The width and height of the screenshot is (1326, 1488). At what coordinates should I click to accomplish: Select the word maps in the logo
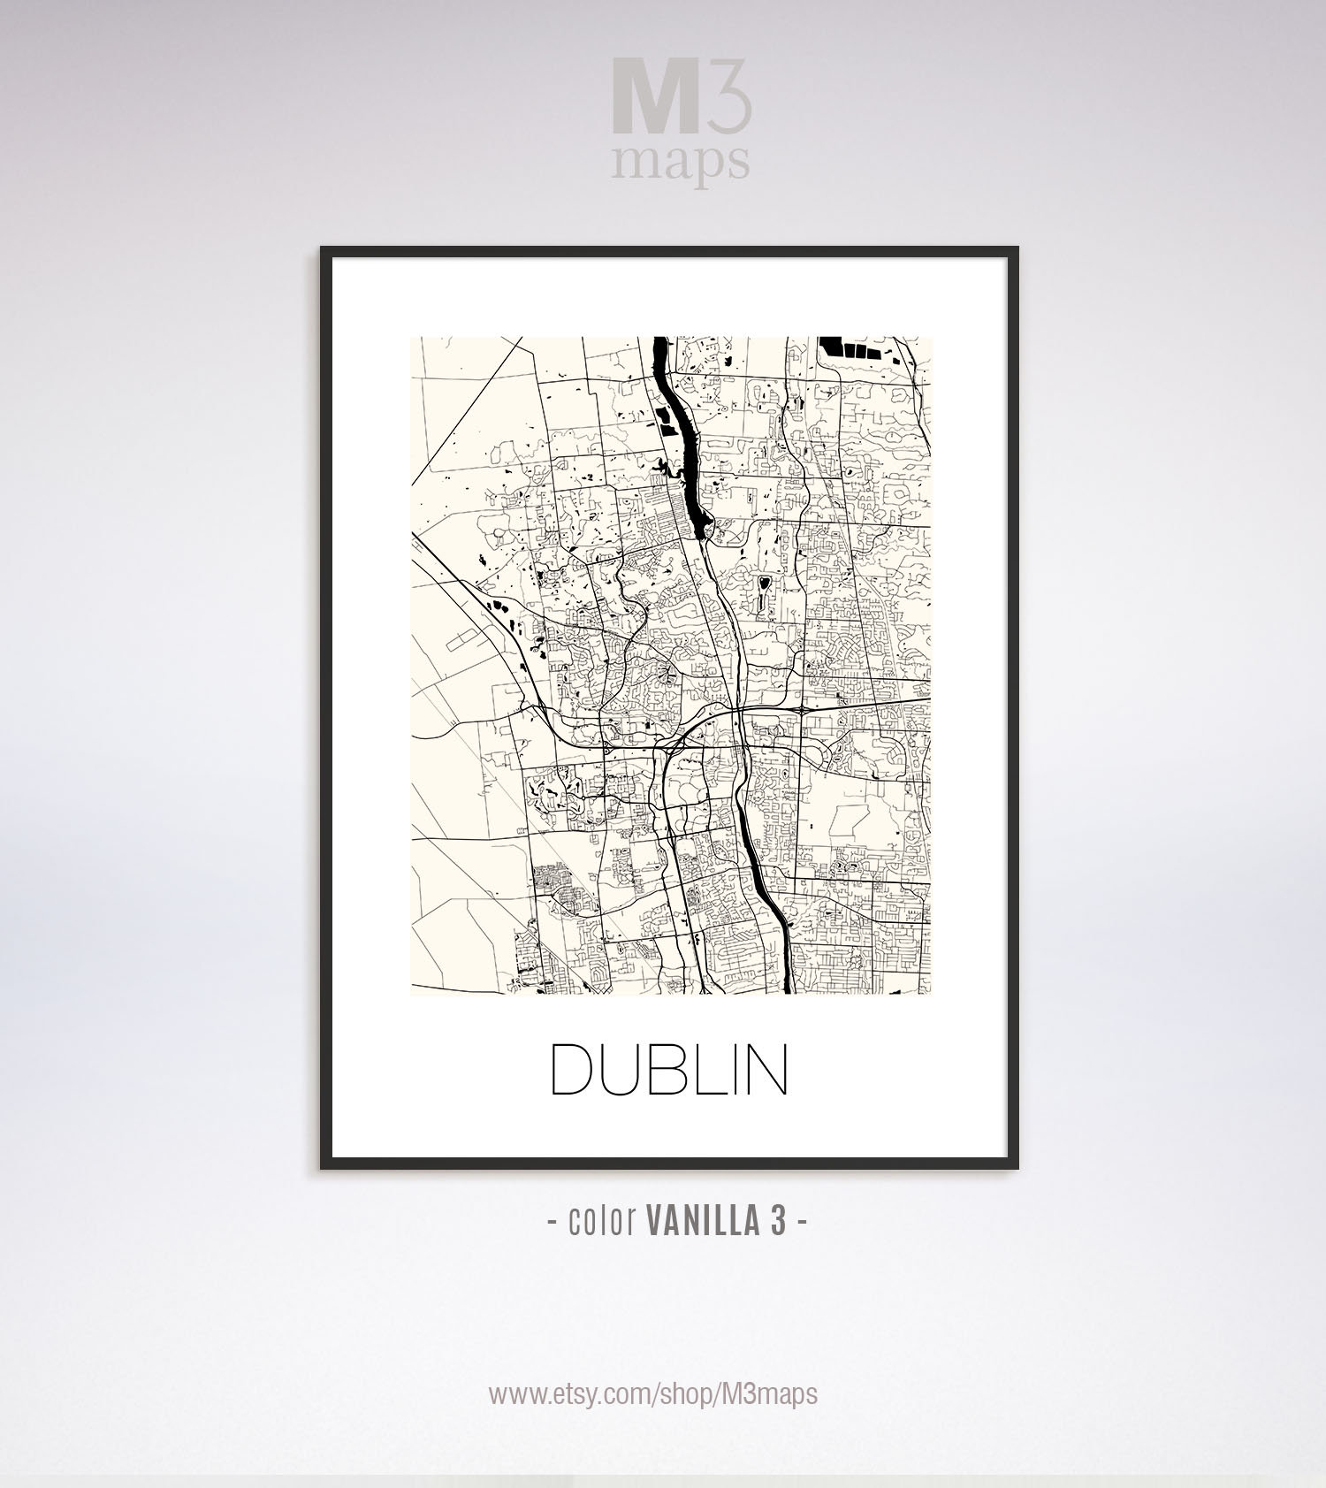click(x=681, y=164)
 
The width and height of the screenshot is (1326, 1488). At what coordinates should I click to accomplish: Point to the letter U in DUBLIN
click(x=629, y=1070)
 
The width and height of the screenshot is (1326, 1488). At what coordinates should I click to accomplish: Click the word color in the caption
click(x=602, y=1222)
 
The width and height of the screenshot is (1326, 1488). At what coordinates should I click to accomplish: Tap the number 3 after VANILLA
click(x=778, y=1222)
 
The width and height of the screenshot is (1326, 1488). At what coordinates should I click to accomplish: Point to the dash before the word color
click(x=552, y=1223)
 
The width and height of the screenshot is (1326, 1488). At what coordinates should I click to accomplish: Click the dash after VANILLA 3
click(x=802, y=1223)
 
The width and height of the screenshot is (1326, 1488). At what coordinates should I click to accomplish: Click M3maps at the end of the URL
click(x=770, y=1393)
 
